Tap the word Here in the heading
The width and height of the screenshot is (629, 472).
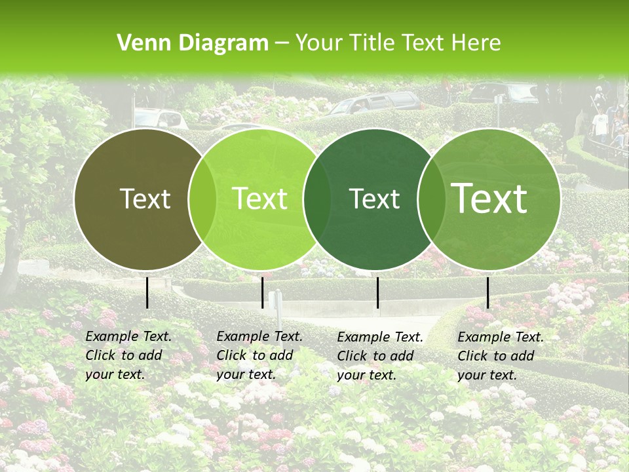coord(476,43)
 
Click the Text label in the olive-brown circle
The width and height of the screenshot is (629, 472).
coord(145,199)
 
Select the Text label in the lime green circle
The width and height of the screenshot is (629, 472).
coord(259,199)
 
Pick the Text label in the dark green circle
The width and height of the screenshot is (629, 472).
coord(375,199)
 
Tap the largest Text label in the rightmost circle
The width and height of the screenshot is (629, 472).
coord(489,199)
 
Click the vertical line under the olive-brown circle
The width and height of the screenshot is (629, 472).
coord(147,292)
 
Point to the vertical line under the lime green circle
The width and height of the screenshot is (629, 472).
coord(262,292)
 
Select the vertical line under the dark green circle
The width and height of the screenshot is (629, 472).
coord(377,292)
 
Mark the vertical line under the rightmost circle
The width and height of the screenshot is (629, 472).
coord(487,292)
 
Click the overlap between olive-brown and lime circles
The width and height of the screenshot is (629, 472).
coord(202,199)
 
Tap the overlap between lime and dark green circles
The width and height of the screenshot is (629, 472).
coord(317,199)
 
